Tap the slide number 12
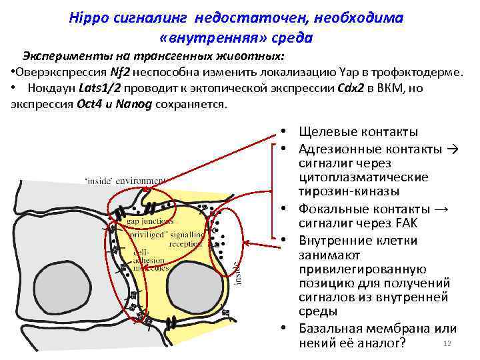click(447, 343)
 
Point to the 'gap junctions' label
click(149, 221)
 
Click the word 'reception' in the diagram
click(185, 243)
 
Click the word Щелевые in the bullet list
click(325, 131)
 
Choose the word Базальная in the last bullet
click(329, 329)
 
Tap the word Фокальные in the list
click(331, 209)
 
